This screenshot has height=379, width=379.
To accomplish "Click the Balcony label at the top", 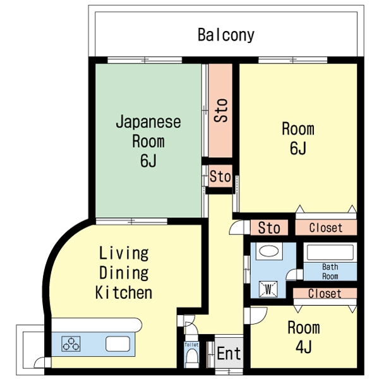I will click(x=226, y=35).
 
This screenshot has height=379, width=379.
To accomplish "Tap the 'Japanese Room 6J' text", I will click(x=148, y=141).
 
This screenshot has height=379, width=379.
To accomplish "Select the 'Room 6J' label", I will click(x=298, y=138).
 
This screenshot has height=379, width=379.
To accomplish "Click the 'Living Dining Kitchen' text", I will click(x=124, y=273).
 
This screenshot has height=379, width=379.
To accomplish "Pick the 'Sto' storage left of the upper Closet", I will click(x=269, y=227).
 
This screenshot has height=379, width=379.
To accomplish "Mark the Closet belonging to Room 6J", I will click(x=325, y=227).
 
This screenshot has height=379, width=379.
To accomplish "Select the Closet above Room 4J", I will click(x=325, y=293).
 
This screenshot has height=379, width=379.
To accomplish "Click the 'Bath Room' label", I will click(x=330, y=272).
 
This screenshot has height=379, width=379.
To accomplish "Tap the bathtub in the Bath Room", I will click(x=330, y=253).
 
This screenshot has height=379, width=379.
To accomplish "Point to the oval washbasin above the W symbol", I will click(x=268, y=251).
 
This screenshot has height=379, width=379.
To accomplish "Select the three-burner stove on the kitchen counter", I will click(x=71, y=344).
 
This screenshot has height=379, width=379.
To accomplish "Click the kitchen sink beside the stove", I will click(x=117, y=344).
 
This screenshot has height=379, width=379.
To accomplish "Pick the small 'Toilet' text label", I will click(x=191, y=345).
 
